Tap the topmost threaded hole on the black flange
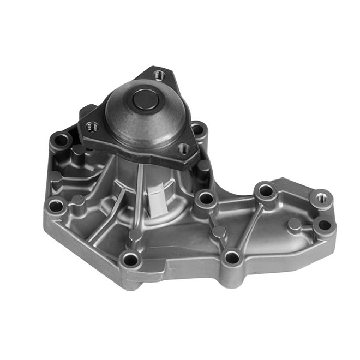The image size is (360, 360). pos(158,74)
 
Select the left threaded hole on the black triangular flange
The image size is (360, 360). pos(92,127)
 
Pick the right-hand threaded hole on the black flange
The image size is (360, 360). pos(184,148)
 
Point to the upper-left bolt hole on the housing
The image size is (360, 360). pos(61,141)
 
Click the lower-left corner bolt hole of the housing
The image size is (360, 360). pos(56,206)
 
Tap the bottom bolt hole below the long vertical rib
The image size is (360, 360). pos(129,258)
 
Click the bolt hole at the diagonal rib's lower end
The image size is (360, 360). pos(231,256)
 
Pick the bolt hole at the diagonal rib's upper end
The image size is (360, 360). pos(265,191)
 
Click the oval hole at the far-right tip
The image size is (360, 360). pos(324,224)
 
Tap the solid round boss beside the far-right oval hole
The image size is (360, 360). pos(295,224)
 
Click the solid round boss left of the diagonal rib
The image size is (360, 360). pos(219,231)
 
